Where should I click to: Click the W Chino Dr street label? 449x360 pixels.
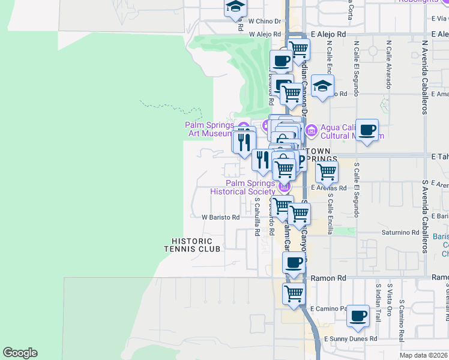pos(265,21)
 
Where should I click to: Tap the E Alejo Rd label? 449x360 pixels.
pos(329,35)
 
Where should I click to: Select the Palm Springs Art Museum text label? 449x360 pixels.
pos(209,130)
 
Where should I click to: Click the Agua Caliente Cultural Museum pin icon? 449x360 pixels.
pos(311,130)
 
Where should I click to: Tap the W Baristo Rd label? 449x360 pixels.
pos(220,217)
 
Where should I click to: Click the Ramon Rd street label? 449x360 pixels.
pos(329,278)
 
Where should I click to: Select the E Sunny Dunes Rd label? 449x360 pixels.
pos(350,339)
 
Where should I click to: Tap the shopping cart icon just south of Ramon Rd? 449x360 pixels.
pos(294,294)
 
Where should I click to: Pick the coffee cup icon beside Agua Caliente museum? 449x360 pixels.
pos(367,129)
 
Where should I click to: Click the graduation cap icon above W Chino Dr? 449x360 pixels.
pos(236,7)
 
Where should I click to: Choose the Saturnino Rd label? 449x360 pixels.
pos(399,232)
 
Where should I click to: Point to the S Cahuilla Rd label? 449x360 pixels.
pos(257,217)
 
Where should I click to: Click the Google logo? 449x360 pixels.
pos(20,353)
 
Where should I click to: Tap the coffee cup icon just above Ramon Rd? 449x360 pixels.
pos(294,263)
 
